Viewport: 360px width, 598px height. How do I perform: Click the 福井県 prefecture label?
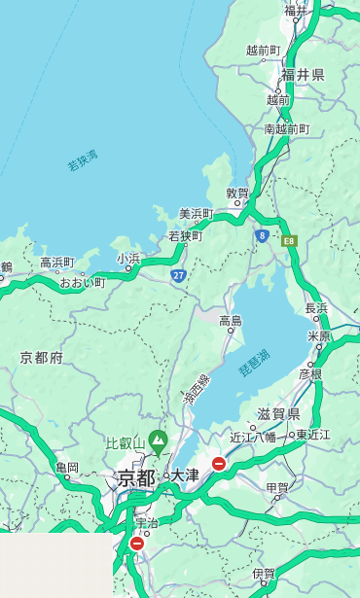303,75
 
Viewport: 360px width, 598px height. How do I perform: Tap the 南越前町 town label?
286,128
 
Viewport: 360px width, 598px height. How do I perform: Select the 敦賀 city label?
238,193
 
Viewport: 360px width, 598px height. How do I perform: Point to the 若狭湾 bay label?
83,159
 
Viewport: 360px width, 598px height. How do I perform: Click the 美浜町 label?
196,214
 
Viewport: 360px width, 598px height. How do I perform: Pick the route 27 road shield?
179,276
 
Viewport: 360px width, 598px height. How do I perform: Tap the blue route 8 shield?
262,235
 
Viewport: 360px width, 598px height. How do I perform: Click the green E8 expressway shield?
289,239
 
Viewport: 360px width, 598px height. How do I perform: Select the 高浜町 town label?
56,263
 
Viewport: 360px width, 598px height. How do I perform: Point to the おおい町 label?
82,282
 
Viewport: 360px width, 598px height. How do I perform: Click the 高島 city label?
231,321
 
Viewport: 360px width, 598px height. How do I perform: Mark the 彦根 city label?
310,373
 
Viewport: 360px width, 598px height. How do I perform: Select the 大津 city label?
185,475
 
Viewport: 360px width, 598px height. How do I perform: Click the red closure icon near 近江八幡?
219,464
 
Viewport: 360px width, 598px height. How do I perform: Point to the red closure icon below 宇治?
136,544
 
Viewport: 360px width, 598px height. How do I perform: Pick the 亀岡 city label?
67,468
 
